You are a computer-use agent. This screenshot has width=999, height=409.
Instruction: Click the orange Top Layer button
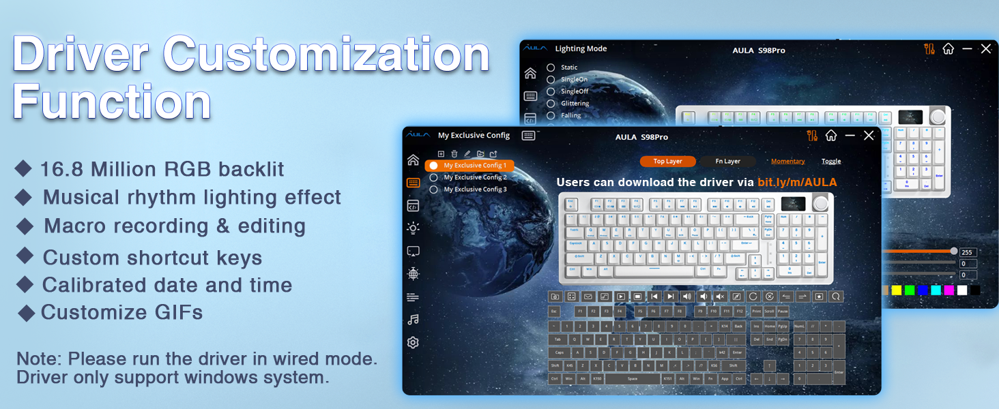tap(668, 162)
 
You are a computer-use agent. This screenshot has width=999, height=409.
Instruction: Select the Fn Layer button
tap(727, 162)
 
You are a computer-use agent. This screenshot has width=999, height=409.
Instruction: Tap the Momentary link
tap(787, 162)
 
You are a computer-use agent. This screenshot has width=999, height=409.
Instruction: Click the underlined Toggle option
tap(831, 162)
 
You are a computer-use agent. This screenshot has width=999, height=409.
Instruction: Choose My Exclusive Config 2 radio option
tap(433, 177)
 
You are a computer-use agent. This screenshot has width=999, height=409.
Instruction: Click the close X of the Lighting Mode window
tap(986, 49)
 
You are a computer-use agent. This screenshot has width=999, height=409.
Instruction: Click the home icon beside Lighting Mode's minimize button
tap(948, 49)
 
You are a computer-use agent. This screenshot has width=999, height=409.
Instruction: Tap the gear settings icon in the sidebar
tap(413, 343)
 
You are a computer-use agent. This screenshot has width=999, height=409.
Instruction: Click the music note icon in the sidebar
tap(413, 320)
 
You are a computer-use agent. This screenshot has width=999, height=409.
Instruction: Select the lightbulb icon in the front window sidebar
tap(413, 228)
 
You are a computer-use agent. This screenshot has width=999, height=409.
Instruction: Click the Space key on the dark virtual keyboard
tap(633, 378)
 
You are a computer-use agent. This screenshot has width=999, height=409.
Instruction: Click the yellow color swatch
tap(896, 290)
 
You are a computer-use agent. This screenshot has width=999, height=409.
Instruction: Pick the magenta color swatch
tap(949, 290)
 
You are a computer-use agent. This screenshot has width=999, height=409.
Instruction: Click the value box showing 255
tap(968, 252)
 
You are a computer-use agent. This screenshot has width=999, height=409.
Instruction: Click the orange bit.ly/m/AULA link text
tap(797, 183)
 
